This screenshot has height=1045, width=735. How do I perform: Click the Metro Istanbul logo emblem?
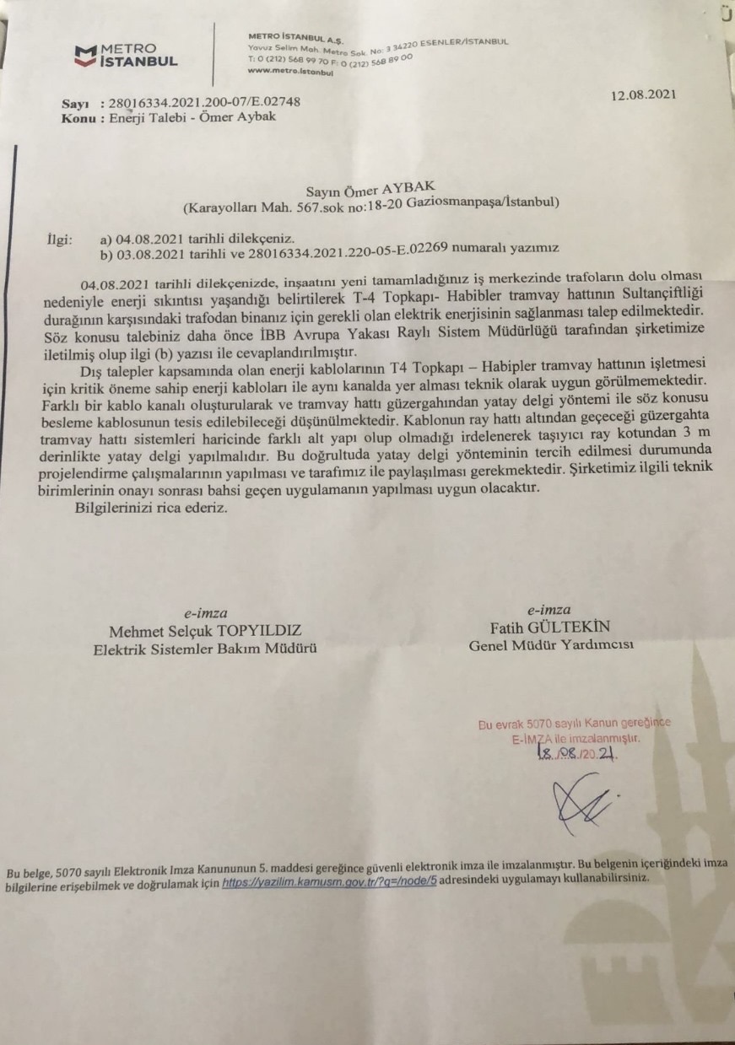[x=85, y=56]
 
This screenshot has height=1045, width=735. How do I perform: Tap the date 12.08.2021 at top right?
[x=644, y=94]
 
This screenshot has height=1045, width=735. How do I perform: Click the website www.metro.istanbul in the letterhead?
[x=291, y=73]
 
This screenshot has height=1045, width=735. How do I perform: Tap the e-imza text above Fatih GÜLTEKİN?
[x=548, y=611]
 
